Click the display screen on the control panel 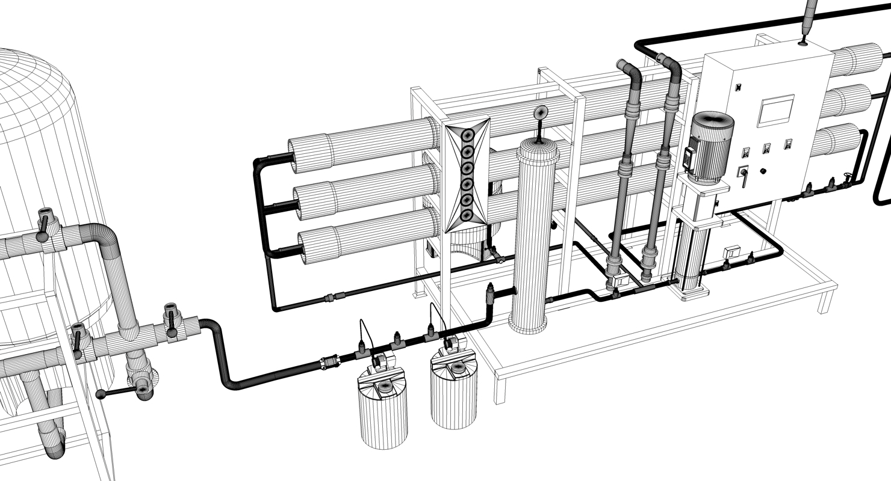pyautogui.click(x=775, y=110)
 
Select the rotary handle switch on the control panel pyautogui.click(x=743, y=173)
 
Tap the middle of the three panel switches pyautogui.click(x=766, y=148)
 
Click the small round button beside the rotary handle pyautogui.click(x=763, y=171)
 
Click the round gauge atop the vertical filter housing pyautogui.click(x=541, y=112)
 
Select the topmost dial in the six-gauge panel pyautogui.click(x=467, y=137)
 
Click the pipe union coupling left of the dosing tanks pyautogui.click(x=330, y=363)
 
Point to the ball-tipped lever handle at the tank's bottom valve pyautogui.click(x=101, y=394)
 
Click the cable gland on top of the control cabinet pyautogui.click(x=803, y=42)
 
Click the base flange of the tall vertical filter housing pyautogui.click(x=527, y=328)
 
